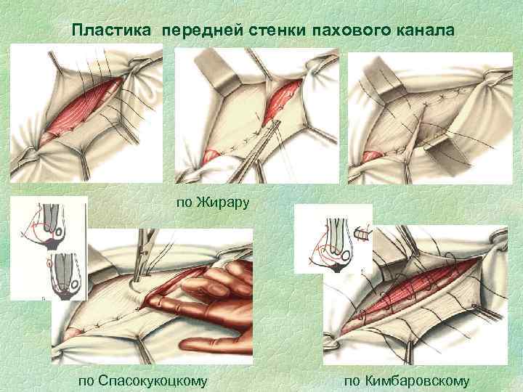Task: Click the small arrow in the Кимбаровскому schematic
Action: [364, 234]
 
